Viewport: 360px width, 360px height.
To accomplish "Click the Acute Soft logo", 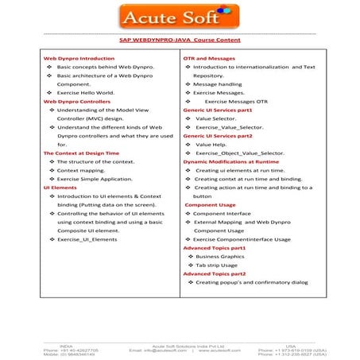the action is (x=179, y=16).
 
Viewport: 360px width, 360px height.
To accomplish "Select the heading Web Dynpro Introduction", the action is (x=79, y=59).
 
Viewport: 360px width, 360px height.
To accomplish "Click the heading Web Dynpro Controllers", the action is (x=77, y=103).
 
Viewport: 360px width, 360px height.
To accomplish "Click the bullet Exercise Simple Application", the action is (x=100, y=181).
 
